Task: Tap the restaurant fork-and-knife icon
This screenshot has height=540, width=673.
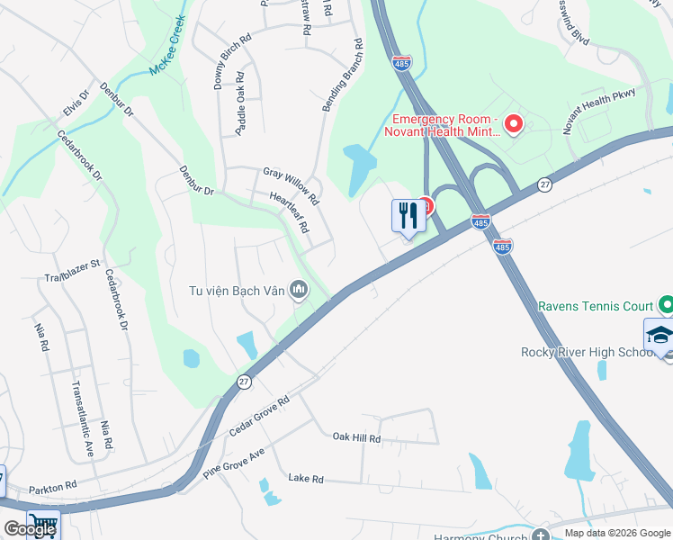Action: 408,215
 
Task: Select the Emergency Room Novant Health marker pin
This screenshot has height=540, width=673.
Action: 514,123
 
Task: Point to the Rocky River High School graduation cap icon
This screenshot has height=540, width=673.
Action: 660,334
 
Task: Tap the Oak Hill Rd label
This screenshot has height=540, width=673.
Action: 356,438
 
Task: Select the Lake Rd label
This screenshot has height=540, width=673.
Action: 305,480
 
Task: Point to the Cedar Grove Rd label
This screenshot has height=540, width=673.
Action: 259,417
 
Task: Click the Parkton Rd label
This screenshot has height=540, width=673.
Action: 52,487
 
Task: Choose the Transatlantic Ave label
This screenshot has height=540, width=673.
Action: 82,420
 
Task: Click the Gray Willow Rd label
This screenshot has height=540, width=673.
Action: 291,183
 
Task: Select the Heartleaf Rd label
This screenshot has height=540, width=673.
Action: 289,212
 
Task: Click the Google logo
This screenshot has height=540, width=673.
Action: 29,529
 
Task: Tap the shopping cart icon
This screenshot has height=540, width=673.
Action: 44,525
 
